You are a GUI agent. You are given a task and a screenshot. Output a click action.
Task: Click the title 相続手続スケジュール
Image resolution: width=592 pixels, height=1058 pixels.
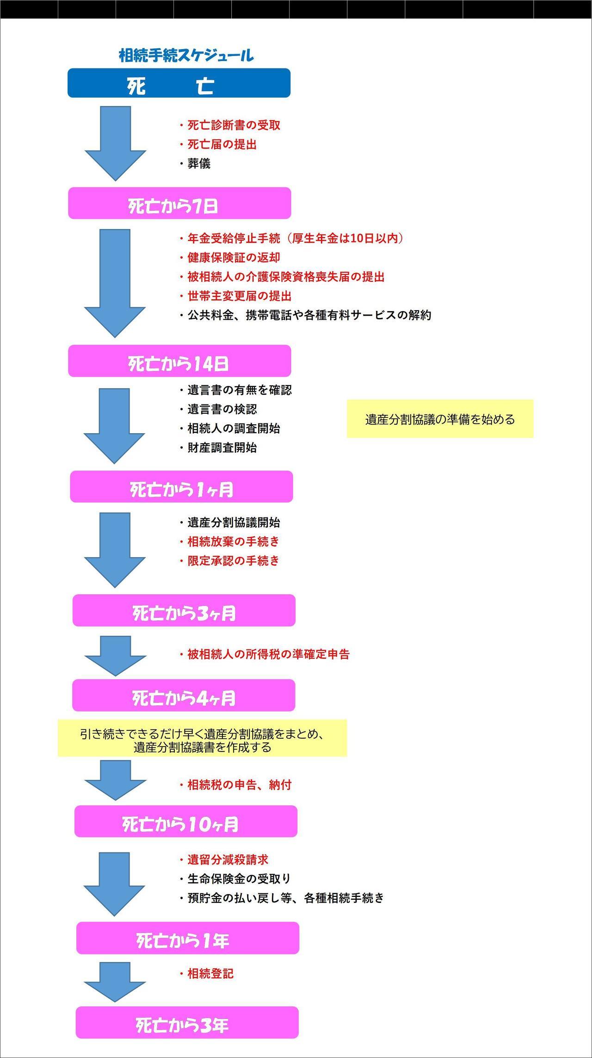pyautogui.click(x=186, y=56)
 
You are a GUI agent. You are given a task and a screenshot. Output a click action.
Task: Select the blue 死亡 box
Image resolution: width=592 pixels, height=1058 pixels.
pyautogui.click(x=179, y=83)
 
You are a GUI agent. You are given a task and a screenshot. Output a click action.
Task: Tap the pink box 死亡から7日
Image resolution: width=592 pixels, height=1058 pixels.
pyautogui.click(x=179, y=203)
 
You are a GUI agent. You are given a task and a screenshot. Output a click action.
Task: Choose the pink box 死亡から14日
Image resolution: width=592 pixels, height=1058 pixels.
pyautogui.click(x=179, y=361)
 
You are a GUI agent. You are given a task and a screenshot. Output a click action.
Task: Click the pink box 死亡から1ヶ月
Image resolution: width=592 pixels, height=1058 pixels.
pyautogui.click(x=181, y=486)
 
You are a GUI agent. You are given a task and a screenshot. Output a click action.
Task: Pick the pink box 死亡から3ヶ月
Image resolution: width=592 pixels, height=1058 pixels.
pyautogui.click(x=184, y=610)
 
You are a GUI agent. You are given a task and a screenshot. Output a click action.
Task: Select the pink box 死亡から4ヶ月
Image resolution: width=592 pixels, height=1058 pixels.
pyautogui.click(x=184, y=695)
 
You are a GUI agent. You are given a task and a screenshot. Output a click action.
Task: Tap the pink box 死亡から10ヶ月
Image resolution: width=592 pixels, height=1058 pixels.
pyautogui.click(x=186, y=821)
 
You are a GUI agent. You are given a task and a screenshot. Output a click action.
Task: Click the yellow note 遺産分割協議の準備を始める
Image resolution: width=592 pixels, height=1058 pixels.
pyautogui.click(x=440, y=419)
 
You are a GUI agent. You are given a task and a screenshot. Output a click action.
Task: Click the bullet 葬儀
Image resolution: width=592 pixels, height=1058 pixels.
pyautogui.click(x=195, y=164)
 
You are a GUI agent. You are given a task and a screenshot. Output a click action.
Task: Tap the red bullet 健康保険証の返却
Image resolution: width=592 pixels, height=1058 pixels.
pyautogui.click(x=230, y=257)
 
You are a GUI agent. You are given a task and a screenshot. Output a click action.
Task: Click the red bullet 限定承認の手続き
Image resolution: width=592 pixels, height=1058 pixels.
pyautogui.click(x=230, y=560)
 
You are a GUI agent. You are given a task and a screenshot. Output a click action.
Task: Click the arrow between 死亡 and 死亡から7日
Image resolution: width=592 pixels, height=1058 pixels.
pyautogui.click(x=115, y=143)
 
